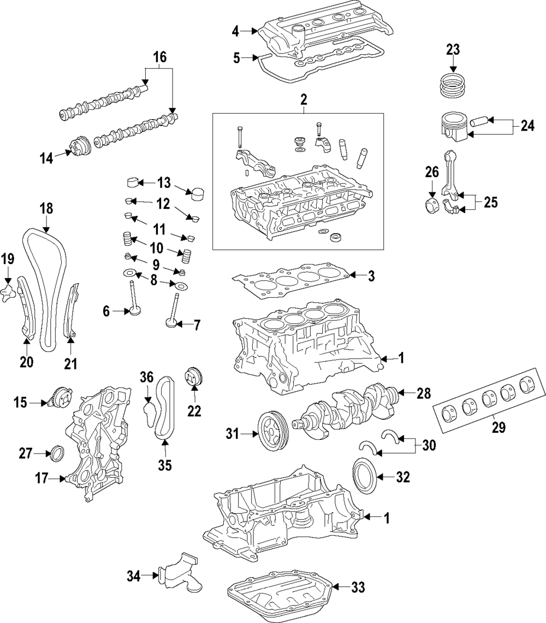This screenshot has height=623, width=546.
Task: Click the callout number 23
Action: (x=453, y=49)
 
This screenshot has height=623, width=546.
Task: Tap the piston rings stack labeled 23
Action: (x=453, y=86)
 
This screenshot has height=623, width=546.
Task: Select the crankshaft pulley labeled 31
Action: (x=273, y=436)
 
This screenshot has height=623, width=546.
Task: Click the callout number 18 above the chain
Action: (x=46, y=208)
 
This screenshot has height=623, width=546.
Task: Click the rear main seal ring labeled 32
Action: (x=363, y=476)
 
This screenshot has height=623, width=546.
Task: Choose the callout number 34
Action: (x=134, y=575)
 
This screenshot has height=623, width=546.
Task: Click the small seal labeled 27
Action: (x=57, y=453)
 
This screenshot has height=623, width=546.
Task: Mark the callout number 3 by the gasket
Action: (x=371, y=276)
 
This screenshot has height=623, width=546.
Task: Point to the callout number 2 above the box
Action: (x=304, y=99)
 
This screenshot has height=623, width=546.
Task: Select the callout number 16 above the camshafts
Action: (x=159, y=57)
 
